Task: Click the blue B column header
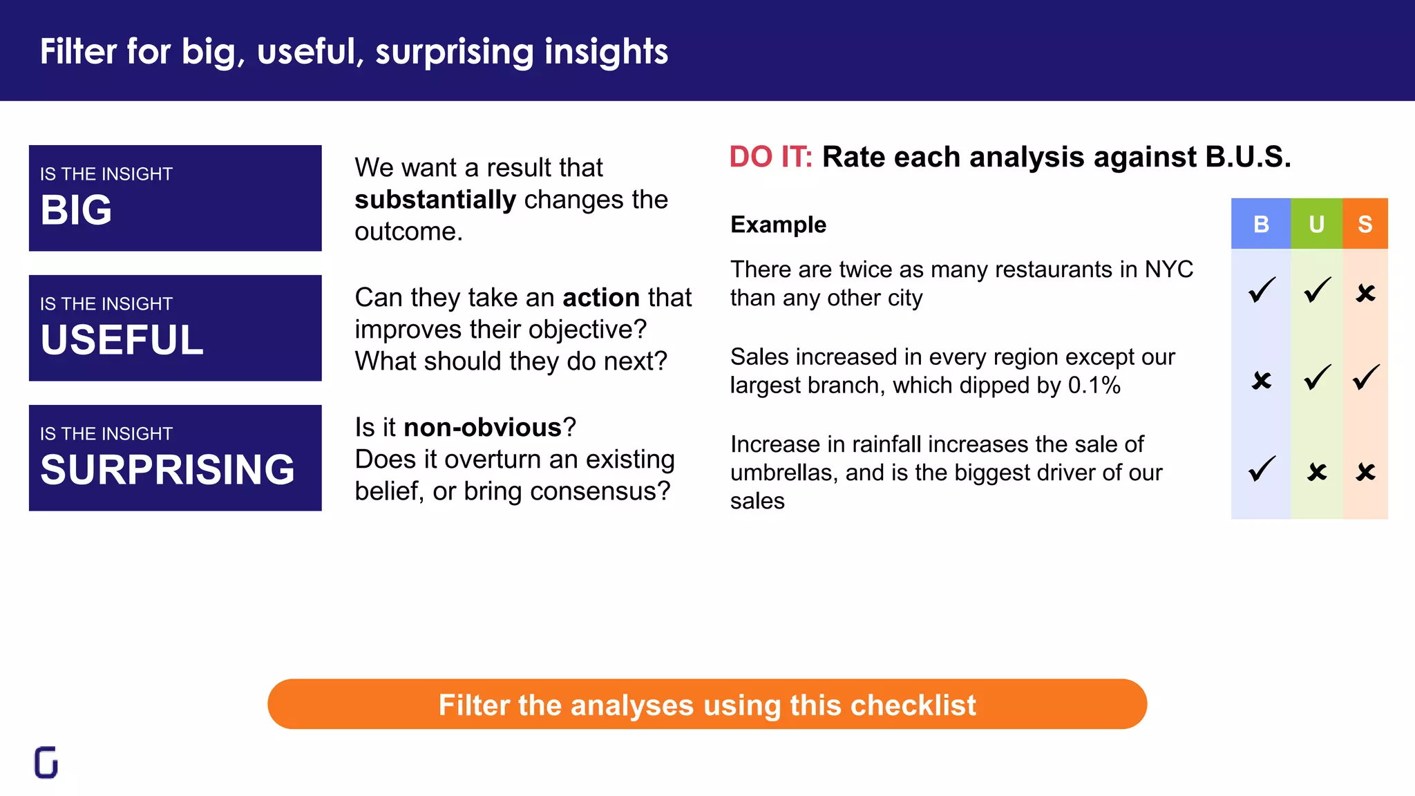pyautogui.click(x=1261, y=224)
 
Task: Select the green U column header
pyautogui.click(x=1316, y=224)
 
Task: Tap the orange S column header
pyautogui.click(x=1365, y=224)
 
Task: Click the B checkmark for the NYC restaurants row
pyautogui.click(x=1262, y=290)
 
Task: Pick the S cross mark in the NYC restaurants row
pyautogui.click(x=1365, y=293)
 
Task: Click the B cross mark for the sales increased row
pyautogui.click(x=1262, y=380)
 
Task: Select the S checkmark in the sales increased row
pyautogui.click(x=1366, y=377)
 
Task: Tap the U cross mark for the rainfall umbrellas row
pyautogui.click(x=1317, y=472)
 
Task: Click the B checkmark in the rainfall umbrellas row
pyautogui.click(x=1262, y=469)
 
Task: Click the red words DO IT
pyautogui.click(x=770, y=158)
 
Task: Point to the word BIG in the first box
pyautogui.click(x=76, y=210)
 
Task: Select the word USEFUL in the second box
pyautogui.click(x=122, y=340)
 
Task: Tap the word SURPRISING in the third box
pyautogui.click(x=167, y=470)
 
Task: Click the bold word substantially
pyautogui.click(x=435, y=200)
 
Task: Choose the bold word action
pyautogui.click(x=601, y=298)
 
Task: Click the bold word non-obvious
pyautogui.click(x=482, y=428)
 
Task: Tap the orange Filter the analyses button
pyautogui.click(x=707, y=704)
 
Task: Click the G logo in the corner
pyautogui.click(x=46, y=762)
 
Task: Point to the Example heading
pyautogui.click(x=778, y=225)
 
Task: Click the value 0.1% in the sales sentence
pyautogui.click(x=1094, y=386)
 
